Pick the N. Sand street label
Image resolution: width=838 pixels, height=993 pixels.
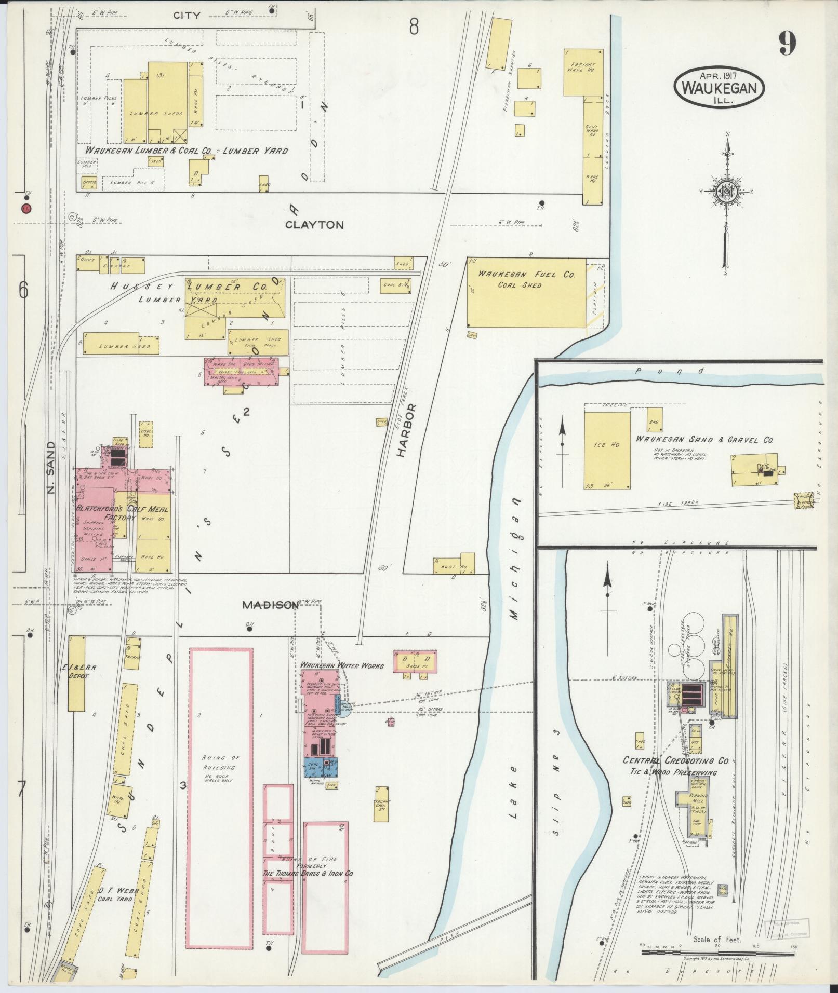click(51, 467)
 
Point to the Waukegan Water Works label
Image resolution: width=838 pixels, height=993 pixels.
click(341, 665)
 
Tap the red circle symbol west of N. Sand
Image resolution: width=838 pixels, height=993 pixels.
click(25, 209)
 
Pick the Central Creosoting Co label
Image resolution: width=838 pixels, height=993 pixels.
click(676, 760)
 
